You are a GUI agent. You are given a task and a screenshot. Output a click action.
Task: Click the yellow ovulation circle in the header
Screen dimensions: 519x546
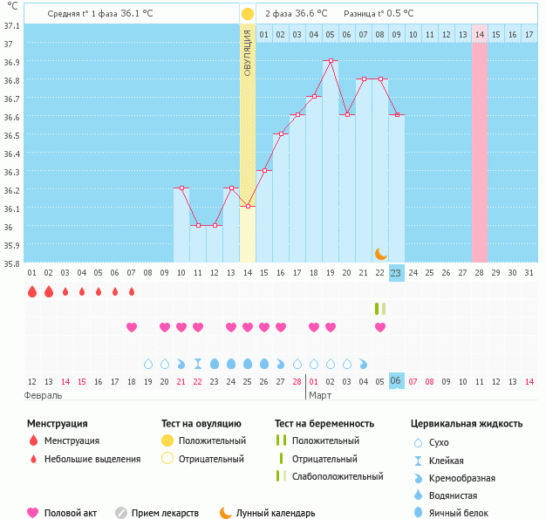click(x=248, y=14)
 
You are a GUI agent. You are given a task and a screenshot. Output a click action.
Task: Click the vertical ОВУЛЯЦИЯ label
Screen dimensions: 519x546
click(x=248, y=51)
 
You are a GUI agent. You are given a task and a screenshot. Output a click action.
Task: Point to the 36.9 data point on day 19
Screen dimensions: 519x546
click(x=331, y=61)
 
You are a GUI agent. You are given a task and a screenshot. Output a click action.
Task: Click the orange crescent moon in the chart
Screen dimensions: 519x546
click(x=380, y=253)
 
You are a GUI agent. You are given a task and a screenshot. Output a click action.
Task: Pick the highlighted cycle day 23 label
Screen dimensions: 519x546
click(x=396, y=272)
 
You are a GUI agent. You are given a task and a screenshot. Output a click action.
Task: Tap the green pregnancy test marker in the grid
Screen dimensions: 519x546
click(x=379, y=308)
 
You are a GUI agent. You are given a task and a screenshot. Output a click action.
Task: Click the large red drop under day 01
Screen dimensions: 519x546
click(x=32, y=291)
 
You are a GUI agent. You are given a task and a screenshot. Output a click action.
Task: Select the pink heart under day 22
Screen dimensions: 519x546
click(x=380, y=327)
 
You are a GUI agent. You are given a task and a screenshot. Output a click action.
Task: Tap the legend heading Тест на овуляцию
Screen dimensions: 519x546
click(x=203, y=423)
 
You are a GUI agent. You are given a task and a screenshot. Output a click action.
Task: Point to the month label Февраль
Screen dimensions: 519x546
click(x=43, y=395)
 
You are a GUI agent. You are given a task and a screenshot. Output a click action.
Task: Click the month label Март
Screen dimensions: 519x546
click(x=319, y=395)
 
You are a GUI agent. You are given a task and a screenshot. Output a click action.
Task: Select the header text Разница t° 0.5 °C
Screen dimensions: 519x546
click(x=379, y=14)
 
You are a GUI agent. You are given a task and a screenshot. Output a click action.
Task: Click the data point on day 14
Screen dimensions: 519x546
click(x=248, y=207)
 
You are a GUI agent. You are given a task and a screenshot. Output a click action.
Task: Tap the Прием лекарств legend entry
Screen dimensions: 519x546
click(x=164, y=513)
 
